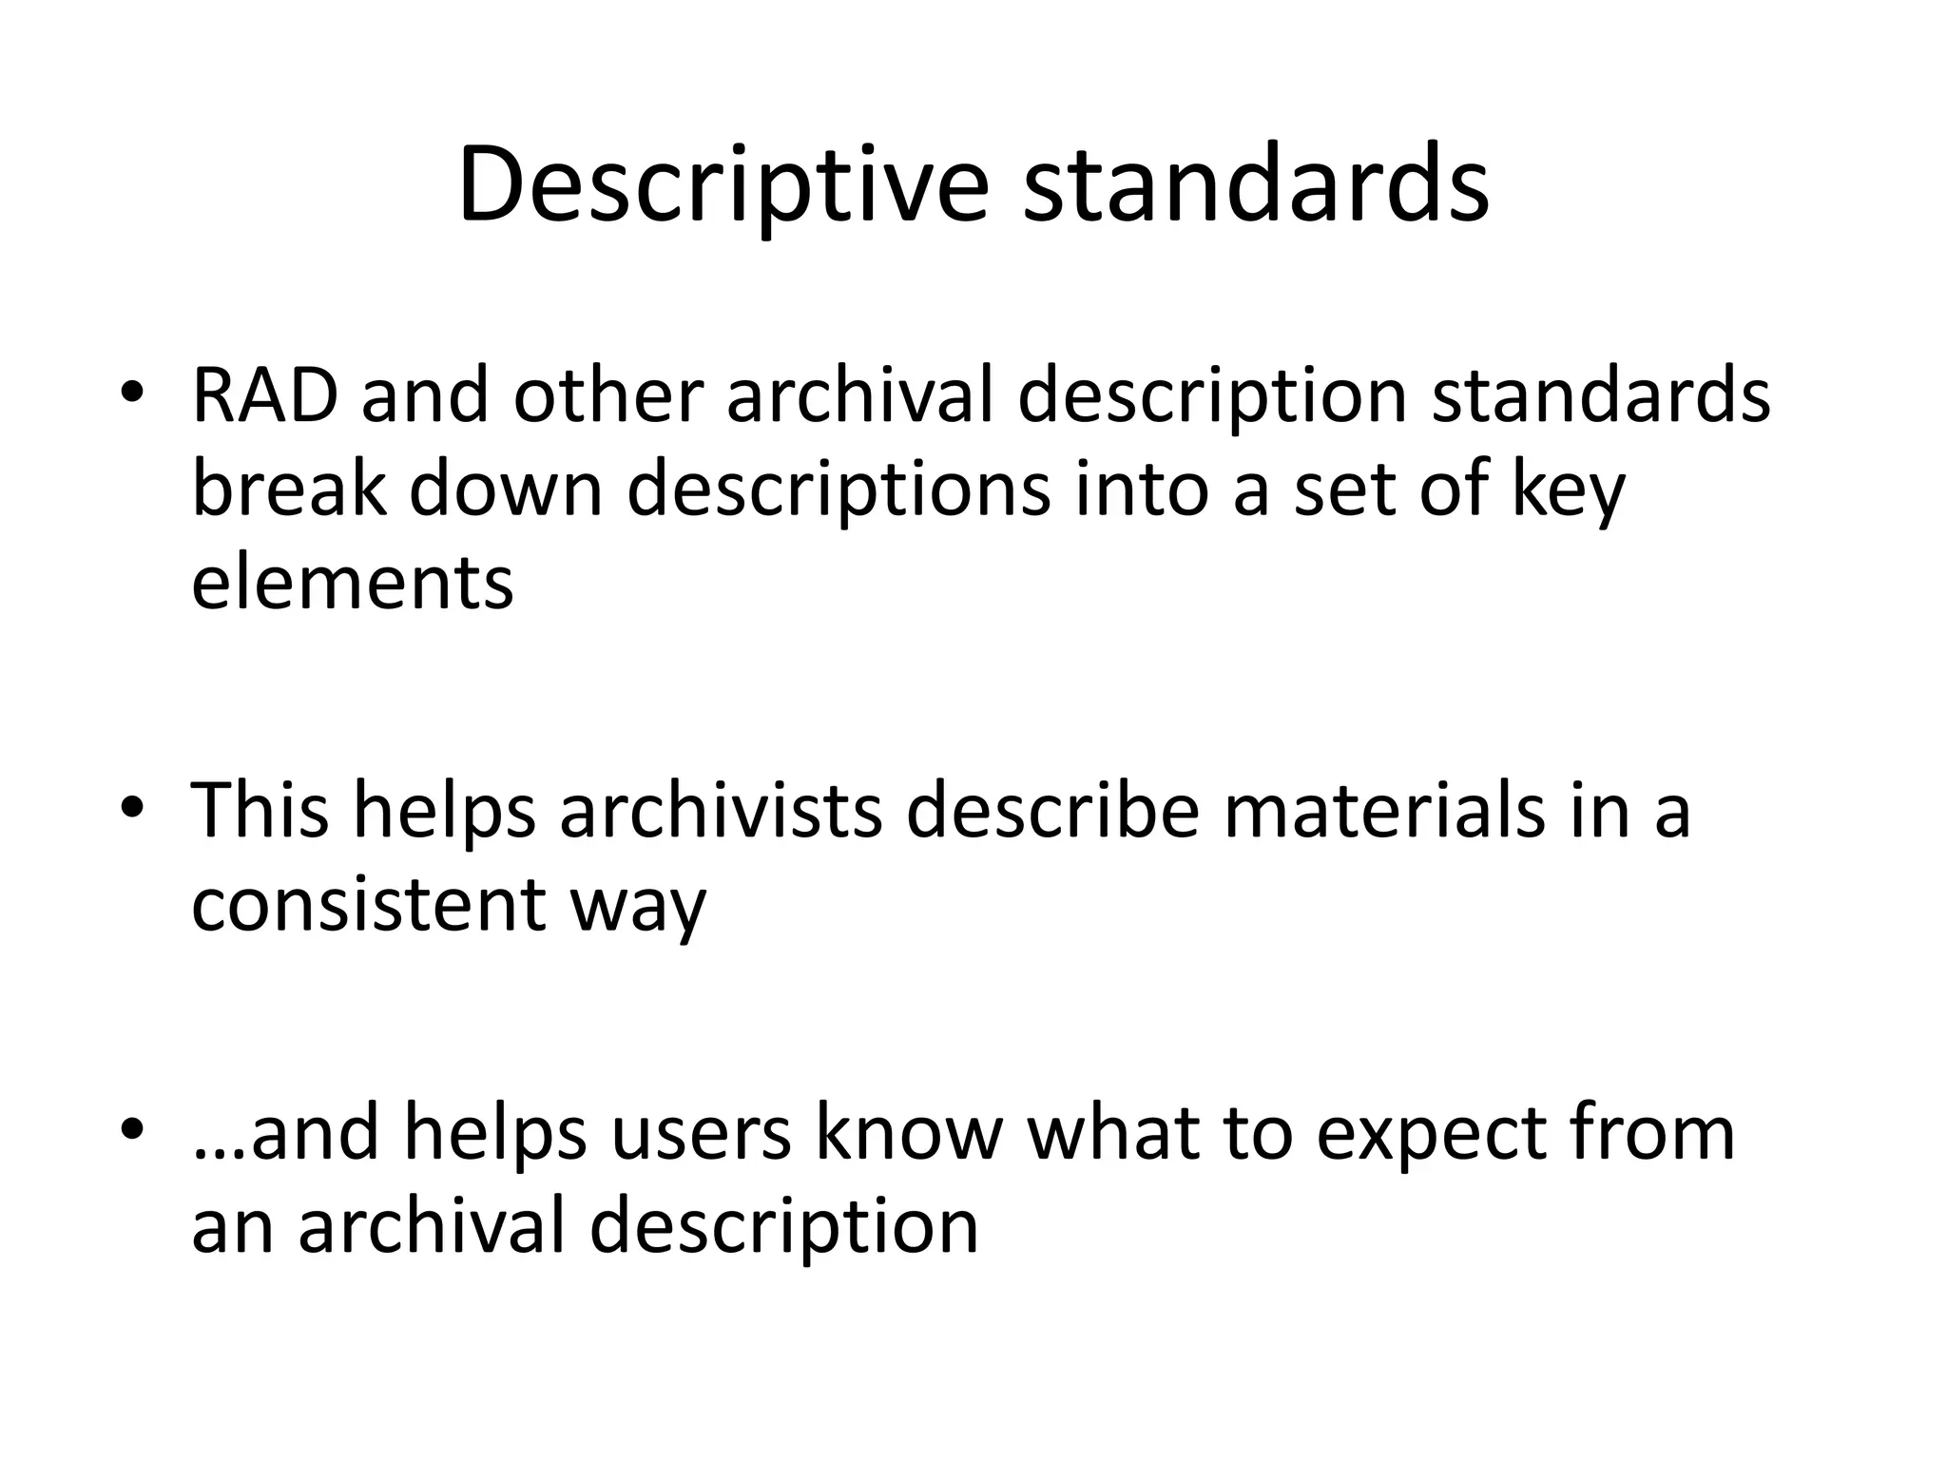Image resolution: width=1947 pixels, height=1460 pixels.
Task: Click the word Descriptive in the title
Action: click(723, 184)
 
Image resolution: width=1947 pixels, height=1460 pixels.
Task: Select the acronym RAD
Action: click(264, 395)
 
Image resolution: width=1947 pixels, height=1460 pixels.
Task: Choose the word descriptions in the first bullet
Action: click(839, 490)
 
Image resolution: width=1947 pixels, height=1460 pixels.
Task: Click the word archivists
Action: click(721, 810)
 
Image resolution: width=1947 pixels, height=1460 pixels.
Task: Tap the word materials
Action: click(1384, 810)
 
